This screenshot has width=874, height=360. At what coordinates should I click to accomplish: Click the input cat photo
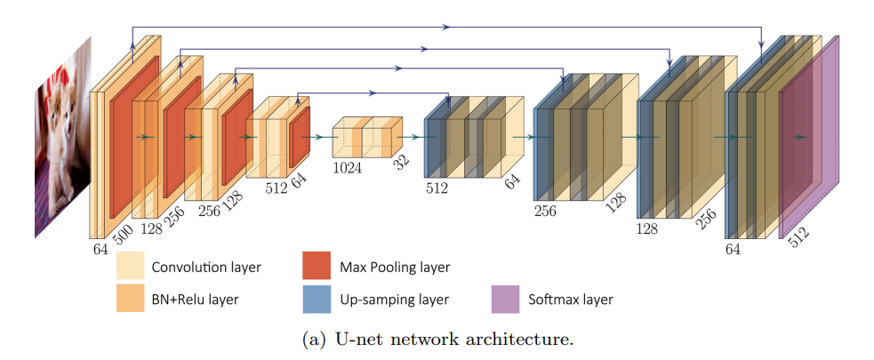tap(63, 142)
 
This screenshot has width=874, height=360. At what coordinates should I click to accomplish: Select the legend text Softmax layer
tap(569, 300)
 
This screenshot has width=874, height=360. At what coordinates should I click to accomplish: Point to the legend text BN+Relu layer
tap(195, 300)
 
